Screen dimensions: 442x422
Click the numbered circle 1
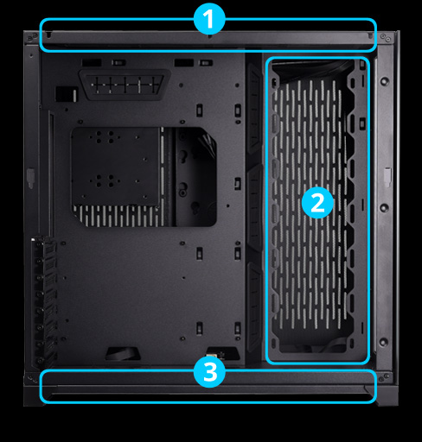(208, 19)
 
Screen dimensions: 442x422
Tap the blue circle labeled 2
(316, 204)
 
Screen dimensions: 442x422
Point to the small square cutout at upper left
(63, 93)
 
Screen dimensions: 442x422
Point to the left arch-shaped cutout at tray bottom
(119, 354)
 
